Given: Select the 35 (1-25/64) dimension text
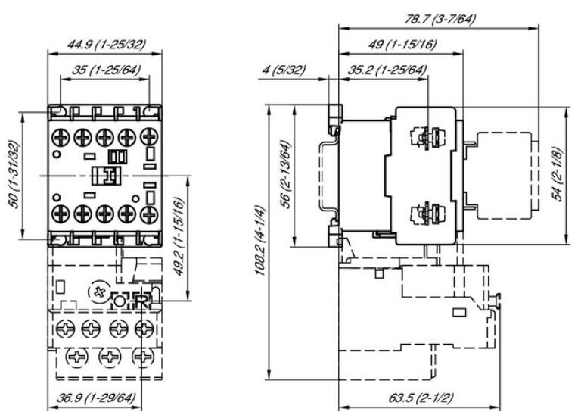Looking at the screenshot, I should tap(105, 72).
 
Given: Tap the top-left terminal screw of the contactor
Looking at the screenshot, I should tap(61, 137).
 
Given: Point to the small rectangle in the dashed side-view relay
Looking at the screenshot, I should tap(458, 312).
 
